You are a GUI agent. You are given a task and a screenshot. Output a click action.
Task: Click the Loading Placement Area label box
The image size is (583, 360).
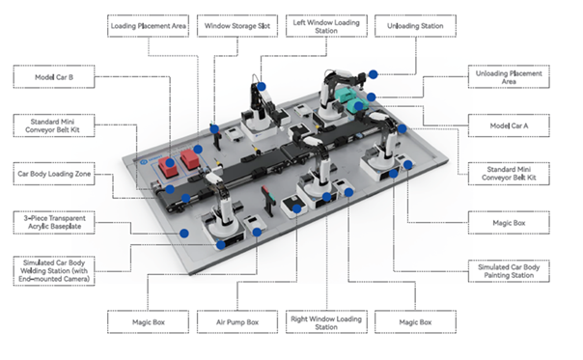tap(148, 26)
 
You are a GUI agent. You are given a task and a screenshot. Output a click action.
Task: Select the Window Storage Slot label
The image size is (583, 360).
tap(237, 26)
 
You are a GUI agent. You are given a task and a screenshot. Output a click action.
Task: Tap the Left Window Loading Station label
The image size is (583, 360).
tap(326, 26)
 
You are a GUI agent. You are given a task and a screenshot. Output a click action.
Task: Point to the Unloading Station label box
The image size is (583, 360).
tap(415, 26)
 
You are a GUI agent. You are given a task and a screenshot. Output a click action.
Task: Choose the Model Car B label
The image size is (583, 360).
tap(54, 77)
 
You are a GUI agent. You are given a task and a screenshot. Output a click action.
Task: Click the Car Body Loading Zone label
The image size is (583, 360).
tap(54, 174)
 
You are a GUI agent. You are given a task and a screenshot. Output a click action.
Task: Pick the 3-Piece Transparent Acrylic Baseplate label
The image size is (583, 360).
tap(54, 222)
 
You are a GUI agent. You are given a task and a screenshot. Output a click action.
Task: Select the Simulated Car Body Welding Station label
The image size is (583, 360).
tap(54, 271)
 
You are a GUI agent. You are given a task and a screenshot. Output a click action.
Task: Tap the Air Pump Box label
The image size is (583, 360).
tap(237, 322)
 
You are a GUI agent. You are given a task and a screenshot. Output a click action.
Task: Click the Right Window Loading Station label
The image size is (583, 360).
tap(326, 322)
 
